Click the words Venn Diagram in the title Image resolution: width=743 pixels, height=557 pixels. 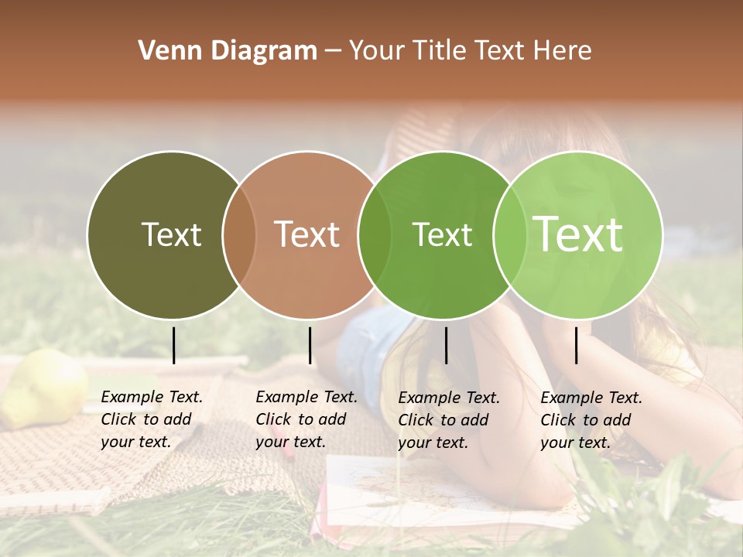228,51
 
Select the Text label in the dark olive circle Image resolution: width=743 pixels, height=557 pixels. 171,234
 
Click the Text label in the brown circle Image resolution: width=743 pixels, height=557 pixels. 307,234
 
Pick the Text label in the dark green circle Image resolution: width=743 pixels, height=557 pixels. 442,234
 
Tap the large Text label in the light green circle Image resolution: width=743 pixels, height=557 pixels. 578,234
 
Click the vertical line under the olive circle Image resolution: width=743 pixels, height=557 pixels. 173,345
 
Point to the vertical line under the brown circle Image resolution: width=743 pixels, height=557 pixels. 310,345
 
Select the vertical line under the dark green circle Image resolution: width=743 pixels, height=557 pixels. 446,345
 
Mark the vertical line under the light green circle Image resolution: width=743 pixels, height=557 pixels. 576,345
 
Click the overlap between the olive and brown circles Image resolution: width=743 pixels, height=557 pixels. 239,234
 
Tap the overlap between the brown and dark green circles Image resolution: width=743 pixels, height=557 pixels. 375,234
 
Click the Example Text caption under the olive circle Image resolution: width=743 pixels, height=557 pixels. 152,419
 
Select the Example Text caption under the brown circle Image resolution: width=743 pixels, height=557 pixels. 306,419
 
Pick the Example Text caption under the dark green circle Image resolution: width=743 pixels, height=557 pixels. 449,420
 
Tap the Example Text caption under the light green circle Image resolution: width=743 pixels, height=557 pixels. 591,420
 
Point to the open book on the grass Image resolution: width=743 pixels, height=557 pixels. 433,487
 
